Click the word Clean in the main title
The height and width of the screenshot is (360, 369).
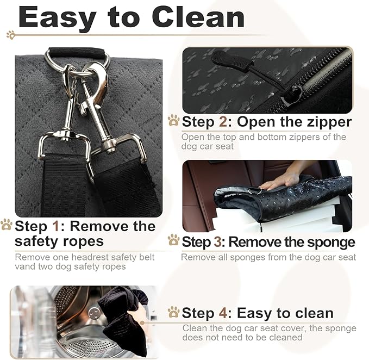click(x=198, y=17)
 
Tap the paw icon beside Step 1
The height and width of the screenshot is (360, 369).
click(x=7, y=225)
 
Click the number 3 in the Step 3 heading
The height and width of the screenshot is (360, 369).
click(x=217, y=242)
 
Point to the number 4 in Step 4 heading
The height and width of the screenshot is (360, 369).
click(x=223, y=313)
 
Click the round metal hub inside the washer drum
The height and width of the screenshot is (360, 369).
click(x=93, y=313)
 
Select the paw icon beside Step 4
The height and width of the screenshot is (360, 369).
click(x=174, y=312)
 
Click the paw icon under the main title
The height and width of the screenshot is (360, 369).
click(x=11, y=35)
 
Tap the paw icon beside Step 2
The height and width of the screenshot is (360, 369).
click(x=174, y=120)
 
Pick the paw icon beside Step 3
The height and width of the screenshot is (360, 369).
click(x=174, y=240)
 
